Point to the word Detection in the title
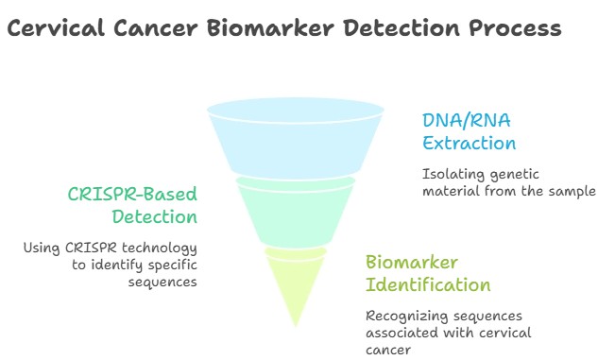[399, 29]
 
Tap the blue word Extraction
[470, 144]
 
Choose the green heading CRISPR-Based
[131, 195]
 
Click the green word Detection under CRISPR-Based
[157, 217]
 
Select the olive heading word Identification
[428, 284]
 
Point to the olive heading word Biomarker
[411, 262]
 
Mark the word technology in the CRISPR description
[163, 249]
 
